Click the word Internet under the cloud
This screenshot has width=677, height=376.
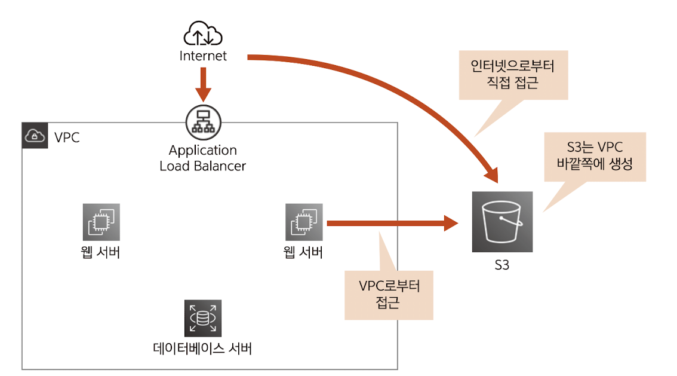coord(203,56)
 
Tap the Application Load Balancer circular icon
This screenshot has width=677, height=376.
coord(202,121)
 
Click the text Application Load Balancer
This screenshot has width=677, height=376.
coord(202,158)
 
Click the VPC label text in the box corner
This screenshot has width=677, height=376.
coord(67,137)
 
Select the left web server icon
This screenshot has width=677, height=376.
coord(101,222)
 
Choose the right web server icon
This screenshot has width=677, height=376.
coord(304,222)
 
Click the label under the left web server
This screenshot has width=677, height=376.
coord(101,252)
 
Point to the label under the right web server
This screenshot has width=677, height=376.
coord(303,252)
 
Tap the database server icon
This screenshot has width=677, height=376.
coord(202,317)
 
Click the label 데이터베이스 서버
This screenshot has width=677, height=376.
coord(202,348)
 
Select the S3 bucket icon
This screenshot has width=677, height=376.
coord(501,222)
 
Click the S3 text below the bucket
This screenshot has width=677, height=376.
coord(501,265)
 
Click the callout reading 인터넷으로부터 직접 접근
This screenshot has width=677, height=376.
coord(513,74)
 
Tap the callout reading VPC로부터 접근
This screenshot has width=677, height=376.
coord(389,294)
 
